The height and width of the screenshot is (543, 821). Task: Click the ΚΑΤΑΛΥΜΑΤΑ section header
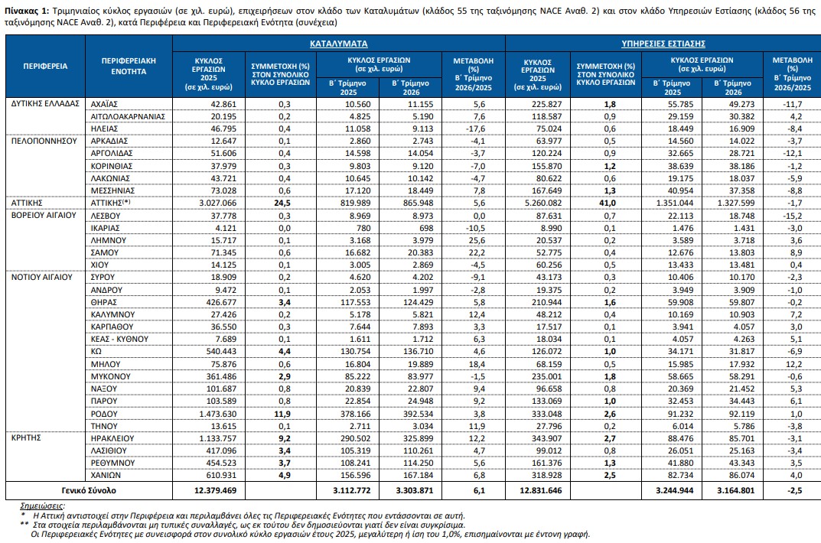click(x=338, y=44)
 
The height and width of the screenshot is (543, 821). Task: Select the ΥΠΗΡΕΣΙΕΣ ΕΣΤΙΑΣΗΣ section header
click(x=663, y=44)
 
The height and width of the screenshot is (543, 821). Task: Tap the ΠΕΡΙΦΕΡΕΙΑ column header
click(x=46, y=66)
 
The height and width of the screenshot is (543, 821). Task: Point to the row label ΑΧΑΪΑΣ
click(x=104, y=104)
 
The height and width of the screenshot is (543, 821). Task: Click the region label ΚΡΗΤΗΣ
click(x=26, y=438)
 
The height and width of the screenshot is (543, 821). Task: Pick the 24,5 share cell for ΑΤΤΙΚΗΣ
click(x=282, y=203)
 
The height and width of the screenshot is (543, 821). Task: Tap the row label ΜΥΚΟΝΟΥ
click(x=110, y=376)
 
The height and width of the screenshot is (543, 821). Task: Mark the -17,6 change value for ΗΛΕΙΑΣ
click(x=477, y=128)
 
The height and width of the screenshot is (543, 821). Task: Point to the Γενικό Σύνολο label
click(x=89, y=491)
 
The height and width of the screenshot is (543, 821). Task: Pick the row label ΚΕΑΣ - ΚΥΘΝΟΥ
click(x=119, y=339)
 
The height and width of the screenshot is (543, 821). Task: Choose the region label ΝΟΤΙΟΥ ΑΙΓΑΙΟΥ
click(x=42, y=277)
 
